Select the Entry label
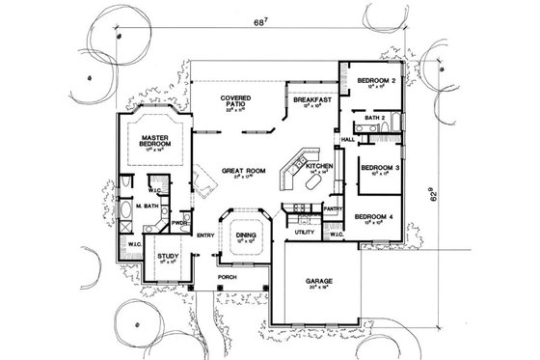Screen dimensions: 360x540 205,235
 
